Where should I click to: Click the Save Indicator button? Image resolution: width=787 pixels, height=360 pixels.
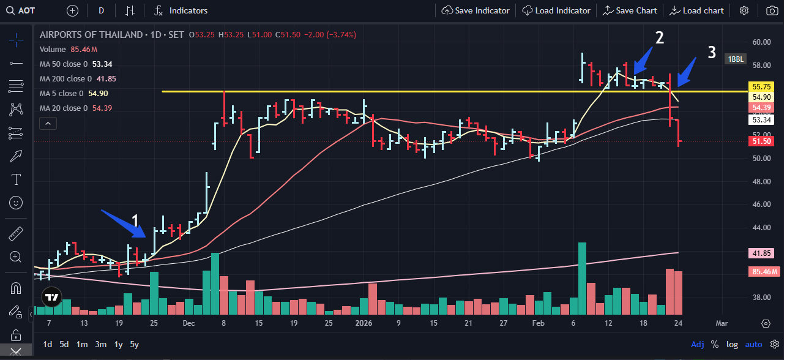point(476,10)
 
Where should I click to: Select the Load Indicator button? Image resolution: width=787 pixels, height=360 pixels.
point(556,10)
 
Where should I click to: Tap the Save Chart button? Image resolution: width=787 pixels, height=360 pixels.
point(630,10)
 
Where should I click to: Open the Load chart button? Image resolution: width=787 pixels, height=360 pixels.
point(696,10)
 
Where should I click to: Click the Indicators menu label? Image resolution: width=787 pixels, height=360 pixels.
point(188,10)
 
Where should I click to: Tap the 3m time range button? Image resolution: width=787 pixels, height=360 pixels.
point(100,344)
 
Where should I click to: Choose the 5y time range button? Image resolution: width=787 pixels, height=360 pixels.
point(134,344)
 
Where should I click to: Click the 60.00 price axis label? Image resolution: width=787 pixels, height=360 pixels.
point(761,42)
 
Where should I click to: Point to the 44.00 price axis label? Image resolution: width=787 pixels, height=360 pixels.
point(761,228)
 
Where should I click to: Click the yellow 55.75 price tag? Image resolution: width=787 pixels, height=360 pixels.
point(761,87)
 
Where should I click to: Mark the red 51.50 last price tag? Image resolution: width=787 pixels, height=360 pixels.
point(761,141)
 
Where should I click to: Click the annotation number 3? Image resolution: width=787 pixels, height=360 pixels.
point(712,52)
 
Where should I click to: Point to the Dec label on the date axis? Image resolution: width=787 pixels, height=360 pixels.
point(188,323)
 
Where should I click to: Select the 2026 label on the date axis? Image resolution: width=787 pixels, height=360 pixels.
point(364,323)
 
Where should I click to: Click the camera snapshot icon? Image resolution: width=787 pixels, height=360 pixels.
point(771,10)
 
